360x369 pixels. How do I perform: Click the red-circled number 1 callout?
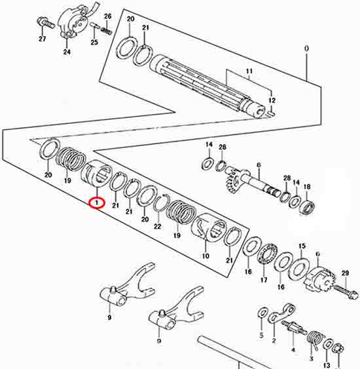coord(97,203)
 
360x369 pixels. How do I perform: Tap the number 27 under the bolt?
coord(43,39)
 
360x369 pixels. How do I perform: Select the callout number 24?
coord(67,52)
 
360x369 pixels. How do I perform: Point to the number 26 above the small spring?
coord(107,16)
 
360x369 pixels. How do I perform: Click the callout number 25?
coord(94,43)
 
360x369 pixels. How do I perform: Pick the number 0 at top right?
coord(307,49)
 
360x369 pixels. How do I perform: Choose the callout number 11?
coord(249,71)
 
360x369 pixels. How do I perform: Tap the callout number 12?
coord(272,100)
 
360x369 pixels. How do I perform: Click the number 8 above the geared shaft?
coord(259,165)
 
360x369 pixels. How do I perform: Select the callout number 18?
coord(307,187)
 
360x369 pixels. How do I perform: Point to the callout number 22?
coord(157,226)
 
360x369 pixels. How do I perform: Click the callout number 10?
coord(206,256)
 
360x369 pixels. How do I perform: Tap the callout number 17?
coord(264,280)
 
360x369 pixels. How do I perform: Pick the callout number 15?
coord(302,246)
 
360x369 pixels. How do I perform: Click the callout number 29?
coord(345,273)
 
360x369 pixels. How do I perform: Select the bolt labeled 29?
coord(346,292)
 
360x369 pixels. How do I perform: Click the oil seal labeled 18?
coord(308,207)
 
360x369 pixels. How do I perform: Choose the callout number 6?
coord(317,254)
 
